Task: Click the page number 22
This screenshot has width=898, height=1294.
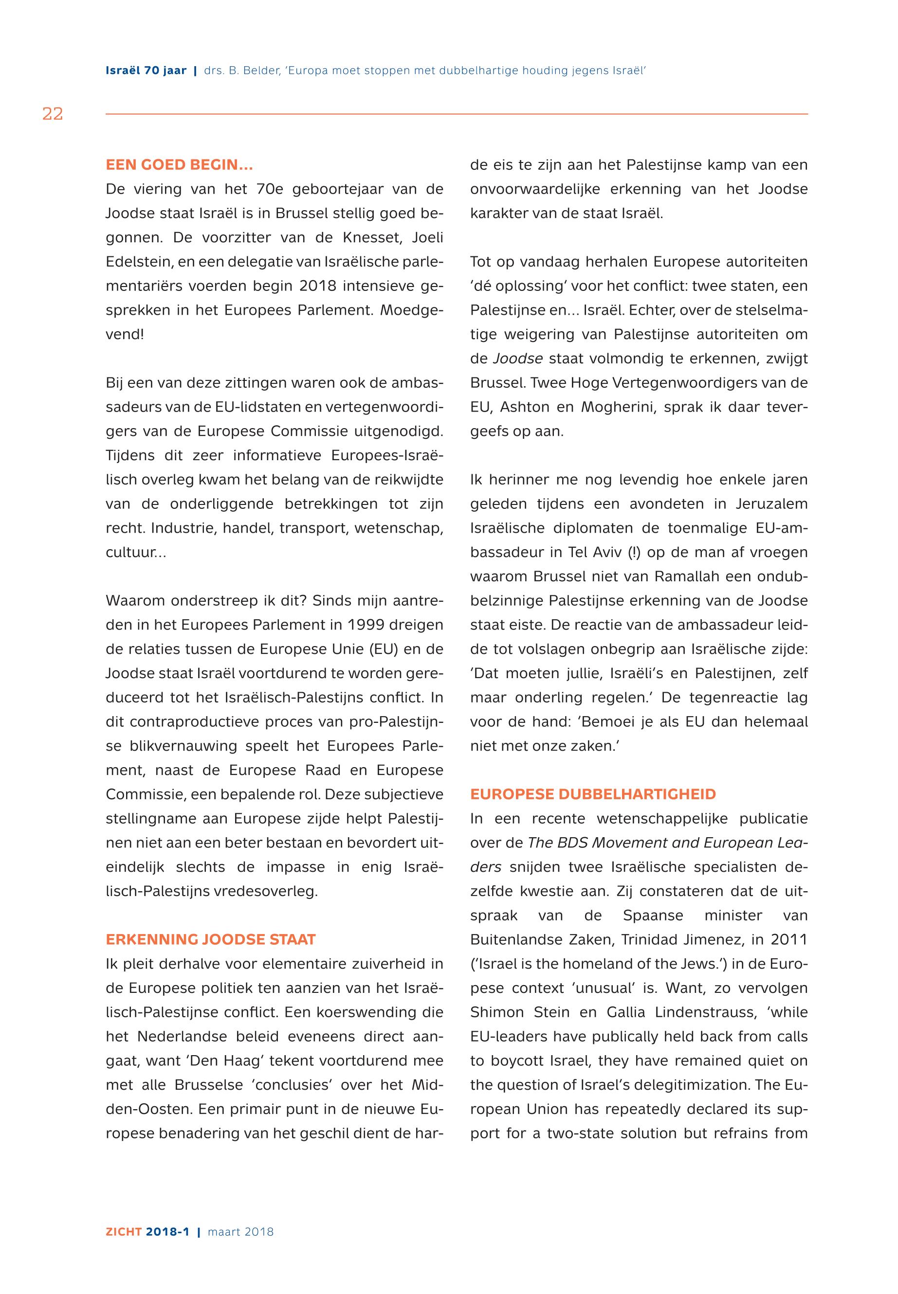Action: coord(53,114)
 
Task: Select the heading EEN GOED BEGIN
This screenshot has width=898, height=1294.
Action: coord(179,165)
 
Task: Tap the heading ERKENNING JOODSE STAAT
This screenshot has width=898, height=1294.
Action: coord(210,940)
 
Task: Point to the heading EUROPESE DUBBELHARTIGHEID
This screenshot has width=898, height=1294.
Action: coord(593,794)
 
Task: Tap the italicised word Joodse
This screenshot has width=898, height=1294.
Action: coord(518,359)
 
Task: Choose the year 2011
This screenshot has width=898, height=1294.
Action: coord(789,940)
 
